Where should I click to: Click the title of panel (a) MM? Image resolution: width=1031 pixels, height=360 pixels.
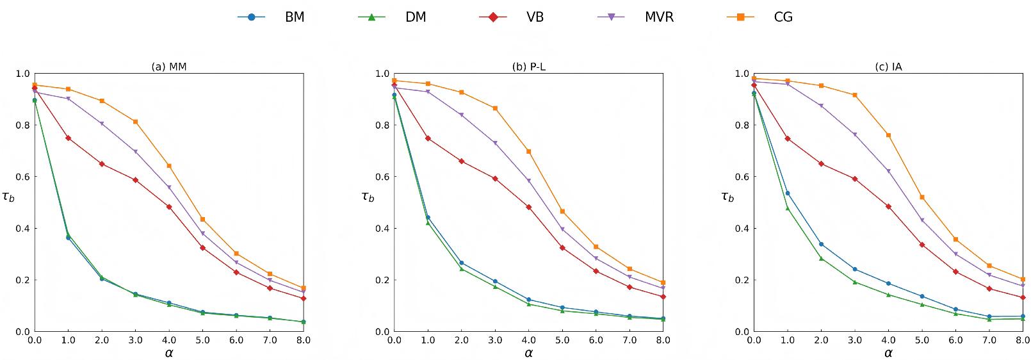click(x=169, y=66)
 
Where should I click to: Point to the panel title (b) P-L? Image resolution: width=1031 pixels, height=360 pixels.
click(x=528, y=66)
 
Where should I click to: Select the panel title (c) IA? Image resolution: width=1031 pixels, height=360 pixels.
click(x=888, y=66)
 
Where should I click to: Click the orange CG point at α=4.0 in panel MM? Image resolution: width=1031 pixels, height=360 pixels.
click(x=169, y=166)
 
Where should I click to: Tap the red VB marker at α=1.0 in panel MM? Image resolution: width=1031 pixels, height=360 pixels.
click(x=68, y=138)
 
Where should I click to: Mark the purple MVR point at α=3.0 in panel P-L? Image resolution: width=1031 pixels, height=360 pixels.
click(x=495, y=143)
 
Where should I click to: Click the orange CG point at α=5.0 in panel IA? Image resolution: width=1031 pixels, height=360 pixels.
click(x=921, y=197)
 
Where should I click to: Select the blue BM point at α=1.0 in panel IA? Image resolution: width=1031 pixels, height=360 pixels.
click(x=787, y=193)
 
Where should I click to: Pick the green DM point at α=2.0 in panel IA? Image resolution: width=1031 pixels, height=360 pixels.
click(x=821, y=258)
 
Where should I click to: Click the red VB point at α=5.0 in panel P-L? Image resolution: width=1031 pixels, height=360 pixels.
click(x=562, y=247)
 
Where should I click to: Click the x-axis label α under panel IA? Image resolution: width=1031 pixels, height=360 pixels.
click(x=888, y=352)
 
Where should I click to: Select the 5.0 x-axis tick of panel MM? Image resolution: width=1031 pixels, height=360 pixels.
click(x=202, y=340)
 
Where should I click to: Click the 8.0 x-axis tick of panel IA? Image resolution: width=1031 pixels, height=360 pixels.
click(x=1022, y=340)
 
